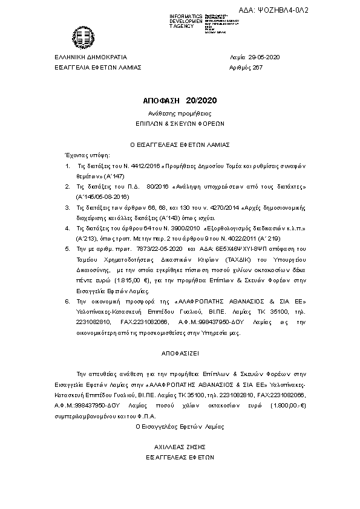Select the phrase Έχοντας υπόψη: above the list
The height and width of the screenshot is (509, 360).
coord(84,155)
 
